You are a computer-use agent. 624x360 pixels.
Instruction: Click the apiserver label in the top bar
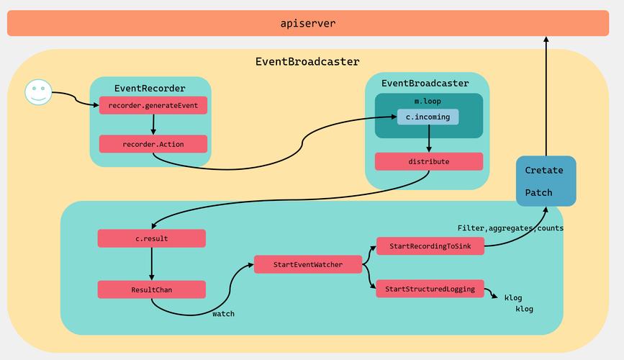point(307,23)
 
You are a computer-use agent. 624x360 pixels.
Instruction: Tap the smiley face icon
point(38,92)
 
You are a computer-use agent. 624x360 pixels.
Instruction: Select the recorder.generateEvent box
point(153,106)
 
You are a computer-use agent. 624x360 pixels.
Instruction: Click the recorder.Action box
point(153,144)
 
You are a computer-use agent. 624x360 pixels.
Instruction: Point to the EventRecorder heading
point(150,89)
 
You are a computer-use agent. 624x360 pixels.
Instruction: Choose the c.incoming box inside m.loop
point(428,117)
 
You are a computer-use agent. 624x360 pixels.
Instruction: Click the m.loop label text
point(428,101)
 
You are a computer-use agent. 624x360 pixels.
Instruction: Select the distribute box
point(428,161)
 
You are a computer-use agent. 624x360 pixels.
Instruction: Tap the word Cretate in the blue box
point(544,171)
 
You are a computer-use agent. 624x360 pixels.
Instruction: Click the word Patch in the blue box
point(538,192)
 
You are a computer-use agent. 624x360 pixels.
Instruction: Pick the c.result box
point(151,238)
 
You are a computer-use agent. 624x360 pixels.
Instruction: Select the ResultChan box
point(151,289)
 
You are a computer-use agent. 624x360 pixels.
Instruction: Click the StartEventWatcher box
point(307,265)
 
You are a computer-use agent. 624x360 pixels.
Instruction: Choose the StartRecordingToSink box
point(430,246)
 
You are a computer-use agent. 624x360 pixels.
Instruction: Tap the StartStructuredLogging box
point(430,289)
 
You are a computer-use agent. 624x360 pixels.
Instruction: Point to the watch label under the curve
point(223,314)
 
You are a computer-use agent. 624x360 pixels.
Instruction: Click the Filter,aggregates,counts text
point(510,228)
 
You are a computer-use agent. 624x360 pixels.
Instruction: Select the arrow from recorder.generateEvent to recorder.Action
point(153,125)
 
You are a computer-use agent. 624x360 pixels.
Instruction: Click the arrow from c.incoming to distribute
point(429,138)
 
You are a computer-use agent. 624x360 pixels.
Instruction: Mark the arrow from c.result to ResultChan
point(152,264)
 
